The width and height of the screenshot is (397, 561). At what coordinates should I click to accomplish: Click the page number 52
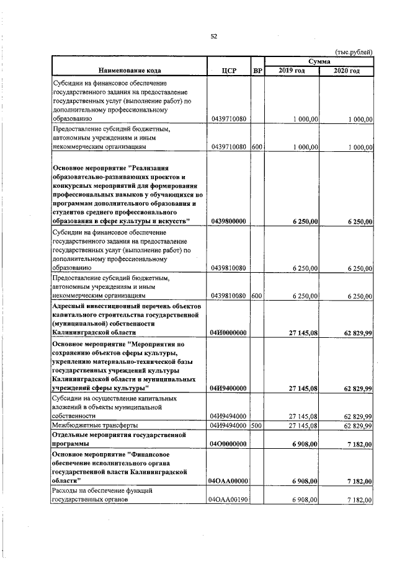coord(213,37)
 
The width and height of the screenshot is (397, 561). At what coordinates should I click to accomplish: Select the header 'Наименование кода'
coord(130,71)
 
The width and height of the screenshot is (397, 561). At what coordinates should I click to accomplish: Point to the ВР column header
coord(257,71)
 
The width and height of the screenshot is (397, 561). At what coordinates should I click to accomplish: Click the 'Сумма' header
coord(319,61)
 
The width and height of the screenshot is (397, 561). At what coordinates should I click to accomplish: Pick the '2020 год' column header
coord(346,71)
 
